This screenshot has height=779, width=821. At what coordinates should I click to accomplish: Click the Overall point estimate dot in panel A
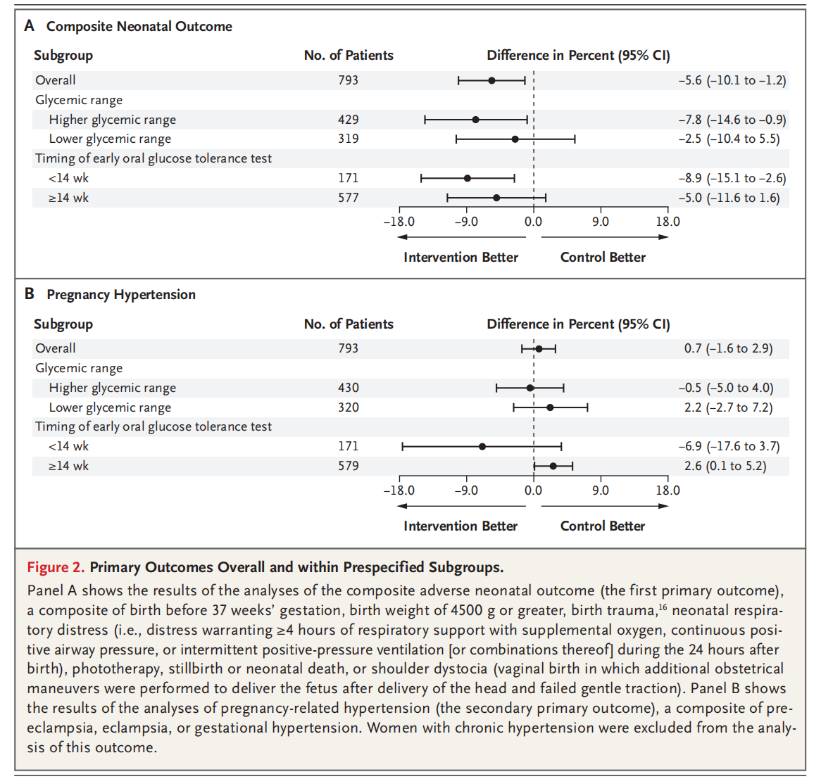click(x=491, y=80)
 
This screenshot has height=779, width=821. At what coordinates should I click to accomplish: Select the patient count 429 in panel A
click(x=348, y=120)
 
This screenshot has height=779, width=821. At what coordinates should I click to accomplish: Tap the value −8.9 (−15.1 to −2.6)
click(x=732, y=178)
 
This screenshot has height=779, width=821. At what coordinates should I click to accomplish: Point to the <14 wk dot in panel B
click(x=482, y=446)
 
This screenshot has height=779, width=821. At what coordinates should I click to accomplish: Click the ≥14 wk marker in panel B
click(x=553, y=466)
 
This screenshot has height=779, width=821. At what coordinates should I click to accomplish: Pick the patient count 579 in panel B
click(x=348, y=466)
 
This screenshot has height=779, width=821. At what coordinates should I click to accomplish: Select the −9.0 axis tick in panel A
click(x=466, y=222)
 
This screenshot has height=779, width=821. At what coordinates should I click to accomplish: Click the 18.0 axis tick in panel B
click(x=668, y=490)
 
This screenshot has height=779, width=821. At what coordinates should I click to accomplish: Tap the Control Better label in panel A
click(x=603, y=258)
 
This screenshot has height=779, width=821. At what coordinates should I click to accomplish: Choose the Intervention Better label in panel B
click(x=460, y=526)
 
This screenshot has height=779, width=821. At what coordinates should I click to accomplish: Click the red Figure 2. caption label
click(x=56, y=567)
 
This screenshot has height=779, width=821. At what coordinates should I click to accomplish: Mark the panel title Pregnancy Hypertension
click(x=121, y=294)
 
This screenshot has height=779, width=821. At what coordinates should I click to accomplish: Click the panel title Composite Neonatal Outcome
click(x=139, y=26)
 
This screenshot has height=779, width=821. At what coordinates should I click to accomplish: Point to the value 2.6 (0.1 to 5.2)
click(x=725, y=466)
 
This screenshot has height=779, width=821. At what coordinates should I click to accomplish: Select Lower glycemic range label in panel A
click(x=110, y=139)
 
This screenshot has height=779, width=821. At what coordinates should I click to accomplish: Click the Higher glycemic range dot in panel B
click(x=530, y=388)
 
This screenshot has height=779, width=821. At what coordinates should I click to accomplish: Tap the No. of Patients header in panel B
click(x=349, y=324)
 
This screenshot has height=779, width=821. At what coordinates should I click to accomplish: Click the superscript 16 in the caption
click(x=663, y=606)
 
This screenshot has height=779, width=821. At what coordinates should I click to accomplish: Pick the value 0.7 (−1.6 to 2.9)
click(x=728, y=348)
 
